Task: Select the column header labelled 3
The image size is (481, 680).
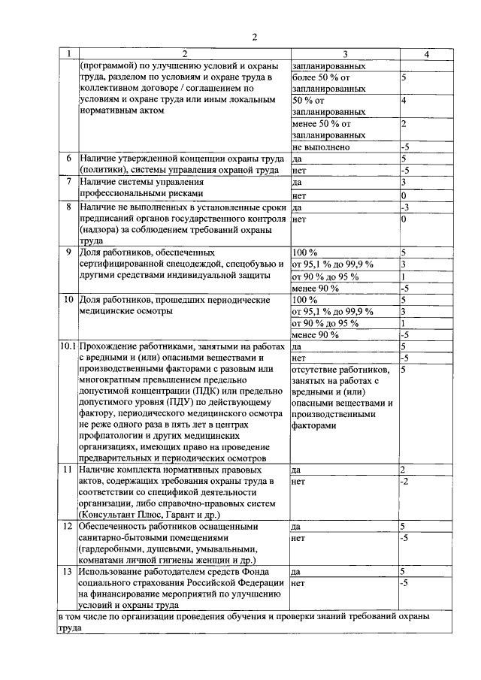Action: (x=344, y=54)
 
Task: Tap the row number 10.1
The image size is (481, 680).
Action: (x=68, y=347)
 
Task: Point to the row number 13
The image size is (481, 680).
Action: (x=68, y=572)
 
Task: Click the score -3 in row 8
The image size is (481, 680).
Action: (x=404, y=207)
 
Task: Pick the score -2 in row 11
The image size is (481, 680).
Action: (x=405, y=481)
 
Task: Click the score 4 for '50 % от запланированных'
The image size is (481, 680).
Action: (x=404, y=101)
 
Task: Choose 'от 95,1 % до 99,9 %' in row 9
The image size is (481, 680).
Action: (x=332, y=264)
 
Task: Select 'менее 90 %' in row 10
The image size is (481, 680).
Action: (x=315, y=334)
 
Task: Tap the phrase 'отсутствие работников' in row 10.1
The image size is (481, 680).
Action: (x=340, y=370)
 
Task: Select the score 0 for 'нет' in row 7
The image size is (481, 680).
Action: (x=404, y=195)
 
